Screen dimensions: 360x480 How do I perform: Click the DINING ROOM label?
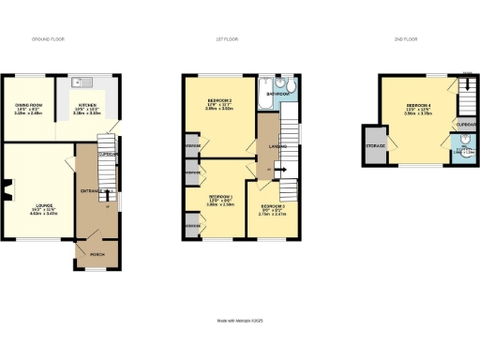coord(27,108)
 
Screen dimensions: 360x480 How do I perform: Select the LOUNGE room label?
coord(36,210)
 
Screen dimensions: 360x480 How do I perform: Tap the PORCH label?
coord(96,253)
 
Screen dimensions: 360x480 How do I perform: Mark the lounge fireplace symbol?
coord(6,196)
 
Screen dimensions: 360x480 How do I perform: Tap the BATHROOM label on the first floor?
coord(277,95)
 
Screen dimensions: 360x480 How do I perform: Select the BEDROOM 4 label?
coord(418,107)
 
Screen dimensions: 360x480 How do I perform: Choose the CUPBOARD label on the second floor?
coord(462,124)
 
